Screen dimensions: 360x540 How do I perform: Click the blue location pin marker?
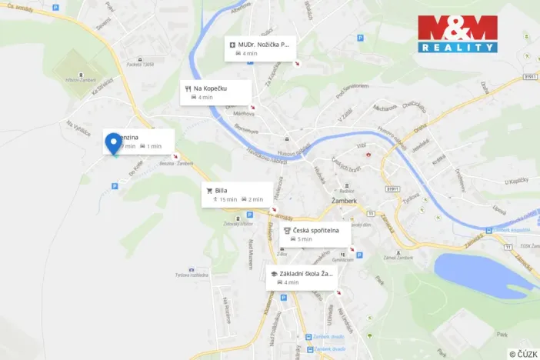(x=113, y=142)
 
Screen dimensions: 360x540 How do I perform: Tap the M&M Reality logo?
(x=458, y=34)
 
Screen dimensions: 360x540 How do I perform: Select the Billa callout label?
(x=237, y=194)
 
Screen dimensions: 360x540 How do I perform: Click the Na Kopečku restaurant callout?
(x=217, y=92)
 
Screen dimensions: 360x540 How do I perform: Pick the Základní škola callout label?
(x=302, y=277)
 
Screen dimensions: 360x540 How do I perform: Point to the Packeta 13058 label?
(x=143, y=65)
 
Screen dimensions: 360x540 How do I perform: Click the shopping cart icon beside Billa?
(x=208, y=190)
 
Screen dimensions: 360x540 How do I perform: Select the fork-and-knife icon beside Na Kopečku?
(x=187, y=88)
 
